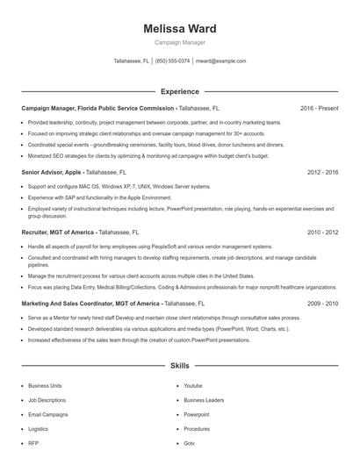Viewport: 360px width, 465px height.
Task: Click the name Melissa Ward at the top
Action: (x=179, y=29)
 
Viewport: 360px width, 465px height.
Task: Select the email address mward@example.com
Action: (x=220, y=61)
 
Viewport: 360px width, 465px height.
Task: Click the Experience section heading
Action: (x=179, y=91)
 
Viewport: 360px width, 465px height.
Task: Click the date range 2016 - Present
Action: (x=320, y=108)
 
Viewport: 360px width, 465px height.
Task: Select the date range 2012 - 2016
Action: (x=323, y=173)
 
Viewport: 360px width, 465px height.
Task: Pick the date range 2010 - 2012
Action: (x=323, y=233)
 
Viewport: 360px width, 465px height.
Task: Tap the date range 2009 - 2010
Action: (x=323, y=302)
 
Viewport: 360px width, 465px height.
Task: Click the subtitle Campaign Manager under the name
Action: (x=179, y=42)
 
